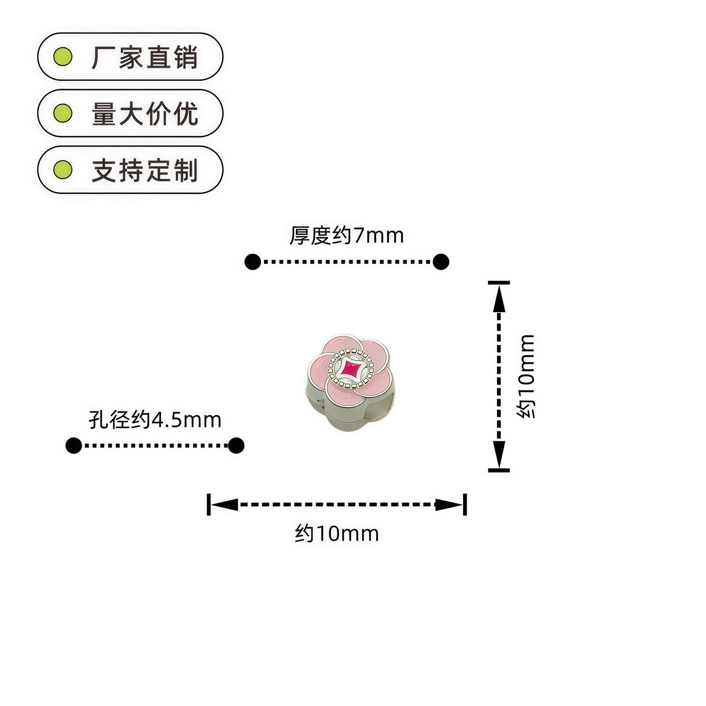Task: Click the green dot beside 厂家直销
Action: coord(63,57)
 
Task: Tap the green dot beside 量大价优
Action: coord(63,113)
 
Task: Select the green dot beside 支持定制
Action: coord(63,170)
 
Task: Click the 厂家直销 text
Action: coord(145,57)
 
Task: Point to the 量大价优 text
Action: coord(145,114)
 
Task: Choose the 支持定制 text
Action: coord(145,170)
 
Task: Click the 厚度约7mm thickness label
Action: coord(346,235)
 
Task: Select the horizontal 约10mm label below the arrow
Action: coord(336,534)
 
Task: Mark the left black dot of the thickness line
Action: coord(253,262)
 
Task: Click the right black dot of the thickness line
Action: coord(441,262)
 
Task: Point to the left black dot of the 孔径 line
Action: coord(74,446)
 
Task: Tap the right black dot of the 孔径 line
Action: coord(236,446)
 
